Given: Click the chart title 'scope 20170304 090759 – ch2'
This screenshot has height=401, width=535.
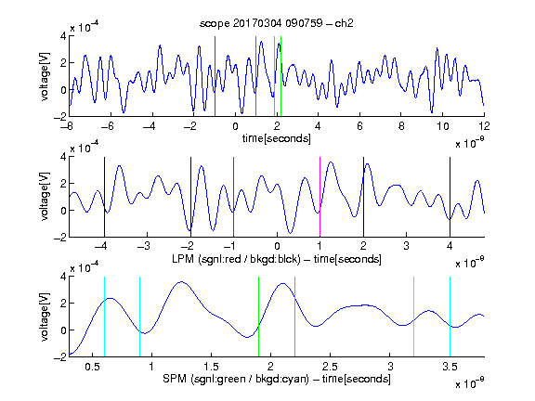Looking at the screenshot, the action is pos(277,23).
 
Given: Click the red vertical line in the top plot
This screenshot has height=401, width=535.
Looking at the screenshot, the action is pos(215,76).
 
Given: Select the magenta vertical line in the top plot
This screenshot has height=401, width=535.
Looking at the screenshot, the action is pos(256,76).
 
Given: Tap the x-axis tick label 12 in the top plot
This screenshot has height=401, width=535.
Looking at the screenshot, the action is pos(484,126).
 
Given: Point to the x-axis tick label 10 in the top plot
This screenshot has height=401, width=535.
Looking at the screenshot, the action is pos(442,126).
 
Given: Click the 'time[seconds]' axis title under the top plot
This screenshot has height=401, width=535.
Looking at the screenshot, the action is pos(277,138).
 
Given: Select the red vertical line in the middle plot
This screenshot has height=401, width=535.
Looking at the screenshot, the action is pos(233,197).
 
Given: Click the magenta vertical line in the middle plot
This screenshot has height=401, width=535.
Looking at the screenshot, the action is pos(320,197).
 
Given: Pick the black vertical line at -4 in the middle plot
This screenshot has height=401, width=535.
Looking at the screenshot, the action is pos(104,197).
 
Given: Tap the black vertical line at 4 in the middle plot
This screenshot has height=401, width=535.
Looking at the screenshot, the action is pos(450,197).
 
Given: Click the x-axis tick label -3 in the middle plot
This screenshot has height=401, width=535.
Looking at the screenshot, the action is pos(145,246).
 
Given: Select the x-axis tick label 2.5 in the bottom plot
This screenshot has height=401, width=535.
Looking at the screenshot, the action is pos(330,367).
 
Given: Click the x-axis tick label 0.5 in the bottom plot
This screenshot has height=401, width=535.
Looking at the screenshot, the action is pos(92,367).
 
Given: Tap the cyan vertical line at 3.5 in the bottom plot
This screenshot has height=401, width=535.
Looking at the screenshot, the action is pos(450,317).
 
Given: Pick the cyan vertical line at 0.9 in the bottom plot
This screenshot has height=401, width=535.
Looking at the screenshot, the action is pos(139,317).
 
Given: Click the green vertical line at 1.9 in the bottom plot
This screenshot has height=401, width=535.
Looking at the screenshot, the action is pos(258,317).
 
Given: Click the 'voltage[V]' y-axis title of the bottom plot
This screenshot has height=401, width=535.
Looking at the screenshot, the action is pos(45,317).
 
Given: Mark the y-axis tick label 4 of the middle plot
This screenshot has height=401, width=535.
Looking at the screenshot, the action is pos(63,157).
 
